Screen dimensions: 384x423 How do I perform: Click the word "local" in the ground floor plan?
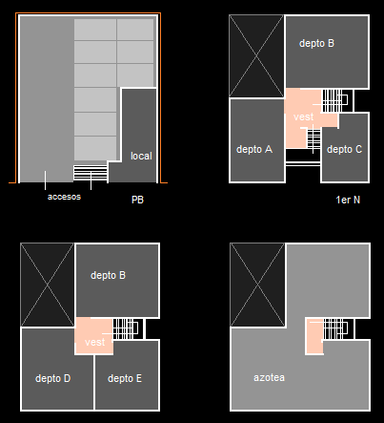click(x=141, y=156)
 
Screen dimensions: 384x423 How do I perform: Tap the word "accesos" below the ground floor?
click(x=64, y=197)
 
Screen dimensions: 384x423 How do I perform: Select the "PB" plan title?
click(x=137, y=200)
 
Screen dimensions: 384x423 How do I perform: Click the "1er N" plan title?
click(x=348, y=200)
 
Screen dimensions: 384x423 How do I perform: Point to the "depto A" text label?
click(x=254, y=149)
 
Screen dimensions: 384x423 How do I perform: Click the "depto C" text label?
click(x=344, y=149)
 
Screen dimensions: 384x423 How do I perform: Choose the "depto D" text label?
click(x=53, y=378)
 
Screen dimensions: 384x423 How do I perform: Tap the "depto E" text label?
click(x=125, y=378)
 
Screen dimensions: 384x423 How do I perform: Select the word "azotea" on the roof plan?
click(x=269, y=377)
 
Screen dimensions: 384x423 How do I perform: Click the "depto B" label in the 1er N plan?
click(x=316, y=43)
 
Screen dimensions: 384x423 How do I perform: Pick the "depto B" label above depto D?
click(x=108, y=275)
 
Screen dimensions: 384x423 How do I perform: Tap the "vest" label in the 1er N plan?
click(x=304, y=116)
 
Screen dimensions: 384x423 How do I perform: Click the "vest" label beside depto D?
click(x=94, y=342)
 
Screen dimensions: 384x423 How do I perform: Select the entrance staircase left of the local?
click(x=91, y=174)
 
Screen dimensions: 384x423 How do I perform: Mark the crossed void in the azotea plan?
click(x=257, y=285)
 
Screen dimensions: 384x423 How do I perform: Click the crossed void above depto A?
click(x=256, y=56)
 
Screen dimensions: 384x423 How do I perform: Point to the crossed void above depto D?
click(x=48, y=285)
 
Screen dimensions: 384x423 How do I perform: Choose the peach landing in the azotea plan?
click(x=314, y=336)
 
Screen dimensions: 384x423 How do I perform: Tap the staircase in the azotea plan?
click(x=335, y=328)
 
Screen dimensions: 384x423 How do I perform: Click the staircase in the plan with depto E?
click(x=126, y=328)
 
